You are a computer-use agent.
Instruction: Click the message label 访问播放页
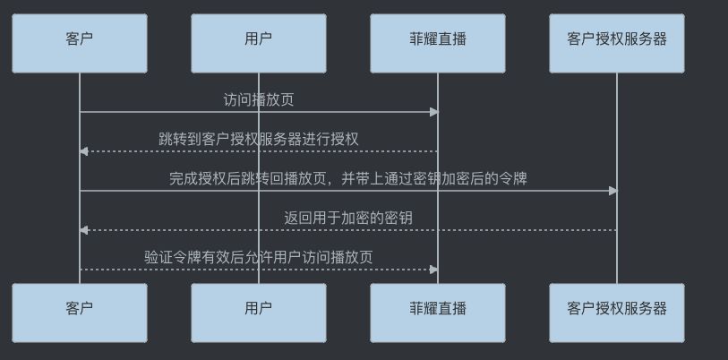point(259,99)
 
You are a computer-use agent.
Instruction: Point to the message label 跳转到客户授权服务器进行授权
point(259,139)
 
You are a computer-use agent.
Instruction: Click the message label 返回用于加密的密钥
point(348,218)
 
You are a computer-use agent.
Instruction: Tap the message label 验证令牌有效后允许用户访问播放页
point(259,257)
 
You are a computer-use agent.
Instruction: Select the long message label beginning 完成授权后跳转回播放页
point(348,178)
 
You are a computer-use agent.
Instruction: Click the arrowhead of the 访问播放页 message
point(434,112)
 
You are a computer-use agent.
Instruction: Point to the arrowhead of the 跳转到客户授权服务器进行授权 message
point(83,151)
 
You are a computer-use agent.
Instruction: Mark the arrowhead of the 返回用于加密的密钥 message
point(83,230)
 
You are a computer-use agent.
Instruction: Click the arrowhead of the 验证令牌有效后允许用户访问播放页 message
point(434,270)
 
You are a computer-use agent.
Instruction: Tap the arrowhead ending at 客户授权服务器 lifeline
point(613,191)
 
